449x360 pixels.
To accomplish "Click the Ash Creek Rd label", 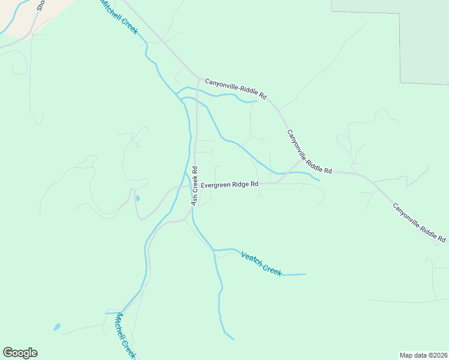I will [x=194, y=186].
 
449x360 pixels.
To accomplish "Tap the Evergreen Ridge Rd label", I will [x=229, y=185].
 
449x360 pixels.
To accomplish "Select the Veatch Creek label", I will [x=261, y=263].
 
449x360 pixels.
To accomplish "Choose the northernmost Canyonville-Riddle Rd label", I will [x=235, y=88].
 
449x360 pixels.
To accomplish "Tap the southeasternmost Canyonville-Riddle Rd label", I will [x=419, y=222].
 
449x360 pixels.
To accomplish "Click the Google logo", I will [x=20, y=353].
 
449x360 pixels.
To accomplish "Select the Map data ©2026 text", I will [x=423, y=355].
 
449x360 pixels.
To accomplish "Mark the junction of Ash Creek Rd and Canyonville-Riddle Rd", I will [x=199, y=77].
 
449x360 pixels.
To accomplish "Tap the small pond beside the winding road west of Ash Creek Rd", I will [x=138, y=198].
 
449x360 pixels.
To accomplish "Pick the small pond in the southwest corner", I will [x=57, y=327].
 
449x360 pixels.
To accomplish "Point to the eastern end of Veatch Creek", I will [x=305, y=274].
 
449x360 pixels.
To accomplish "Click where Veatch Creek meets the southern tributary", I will [x=214, y=250].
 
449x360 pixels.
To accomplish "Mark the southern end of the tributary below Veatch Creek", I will [x=233, y=339].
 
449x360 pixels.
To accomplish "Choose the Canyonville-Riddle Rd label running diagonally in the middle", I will [x=309, y=151].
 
